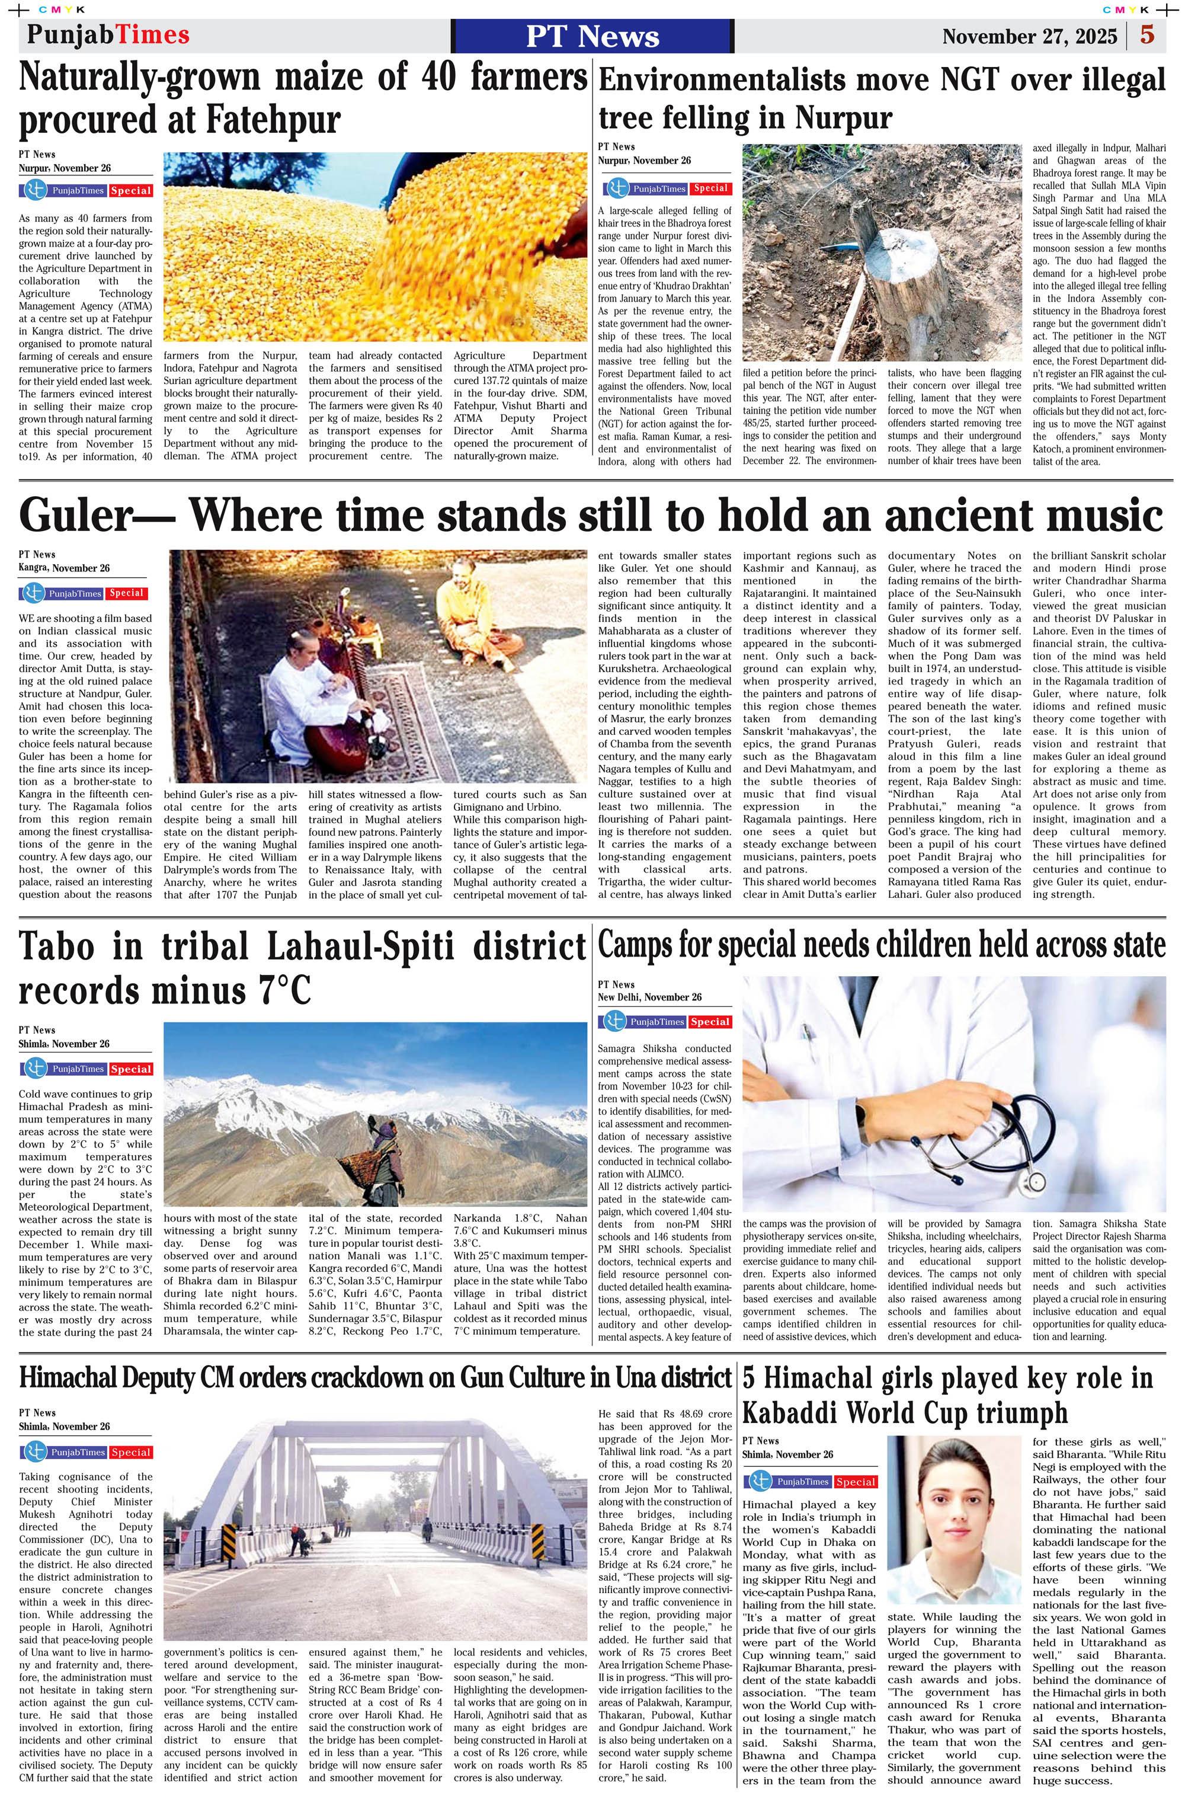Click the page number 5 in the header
(x=1147, y=35)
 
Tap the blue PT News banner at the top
(x=592, y=36)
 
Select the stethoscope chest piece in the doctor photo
(x=1036, y=1181)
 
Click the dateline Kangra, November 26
(x=64, y=568)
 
